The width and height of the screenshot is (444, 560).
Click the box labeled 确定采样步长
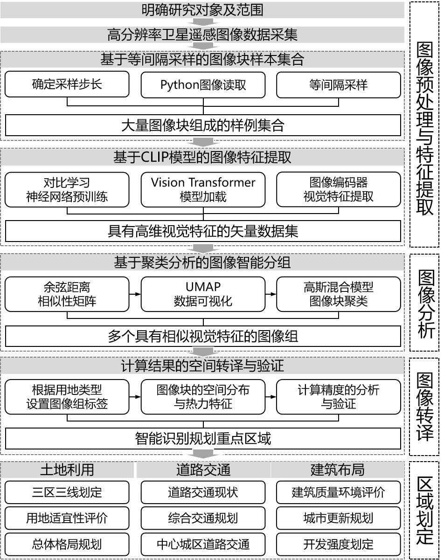67,84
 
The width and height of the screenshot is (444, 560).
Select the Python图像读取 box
203,84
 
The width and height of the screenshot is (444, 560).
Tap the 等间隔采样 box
338,84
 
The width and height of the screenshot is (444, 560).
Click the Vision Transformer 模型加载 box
203,189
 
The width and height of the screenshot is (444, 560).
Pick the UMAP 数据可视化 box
203,294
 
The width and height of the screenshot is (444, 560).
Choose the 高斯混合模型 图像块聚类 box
338,294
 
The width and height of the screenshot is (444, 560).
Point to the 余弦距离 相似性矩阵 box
67,294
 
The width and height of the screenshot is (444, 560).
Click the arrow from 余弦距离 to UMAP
135,294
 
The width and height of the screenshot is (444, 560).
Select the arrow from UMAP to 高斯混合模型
271,294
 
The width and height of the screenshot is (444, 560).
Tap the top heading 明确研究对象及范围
202,9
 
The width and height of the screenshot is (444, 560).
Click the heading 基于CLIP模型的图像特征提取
202,158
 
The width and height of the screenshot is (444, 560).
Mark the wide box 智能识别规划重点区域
203,439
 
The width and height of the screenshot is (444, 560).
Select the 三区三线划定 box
67,492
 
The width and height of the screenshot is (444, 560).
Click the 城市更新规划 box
338,518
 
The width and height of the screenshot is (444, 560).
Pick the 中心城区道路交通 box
203,544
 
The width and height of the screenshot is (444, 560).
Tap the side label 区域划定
424,510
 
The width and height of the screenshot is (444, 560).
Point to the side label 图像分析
424,303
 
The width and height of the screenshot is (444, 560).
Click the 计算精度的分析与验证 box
338,397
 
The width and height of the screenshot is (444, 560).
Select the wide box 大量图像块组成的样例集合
203,125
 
